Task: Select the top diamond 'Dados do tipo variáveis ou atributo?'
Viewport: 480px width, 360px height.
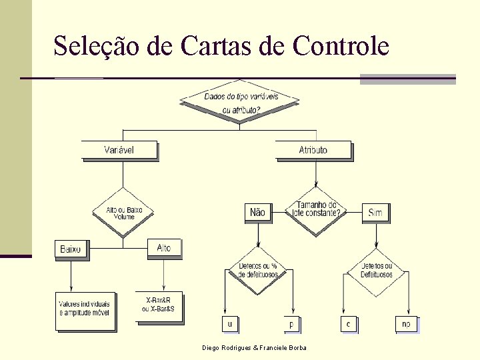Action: [240, 102]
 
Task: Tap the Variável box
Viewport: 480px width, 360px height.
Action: [119, 150]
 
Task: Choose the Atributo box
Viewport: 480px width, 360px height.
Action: [313, 150]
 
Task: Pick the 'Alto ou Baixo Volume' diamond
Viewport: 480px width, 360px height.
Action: [123, 213]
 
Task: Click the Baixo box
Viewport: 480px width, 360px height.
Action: [71, 249]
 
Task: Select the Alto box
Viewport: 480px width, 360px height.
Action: [164, 248]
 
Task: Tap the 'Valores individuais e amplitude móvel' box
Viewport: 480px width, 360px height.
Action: [85, 310]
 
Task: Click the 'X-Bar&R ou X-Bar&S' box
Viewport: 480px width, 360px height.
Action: [159, 306]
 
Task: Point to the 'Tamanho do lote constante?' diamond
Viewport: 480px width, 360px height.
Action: [316, 210]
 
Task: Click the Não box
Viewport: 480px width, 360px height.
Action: [257, 213]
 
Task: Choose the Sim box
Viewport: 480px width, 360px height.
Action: [375, 213]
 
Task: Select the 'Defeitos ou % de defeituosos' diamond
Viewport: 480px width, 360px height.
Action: [257, 271]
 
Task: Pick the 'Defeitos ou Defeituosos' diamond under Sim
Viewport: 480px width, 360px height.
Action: [376, 271]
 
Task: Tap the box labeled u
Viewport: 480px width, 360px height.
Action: [229, 324]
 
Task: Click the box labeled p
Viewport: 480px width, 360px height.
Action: [291, 324]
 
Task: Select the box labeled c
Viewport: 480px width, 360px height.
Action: [347, 324]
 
